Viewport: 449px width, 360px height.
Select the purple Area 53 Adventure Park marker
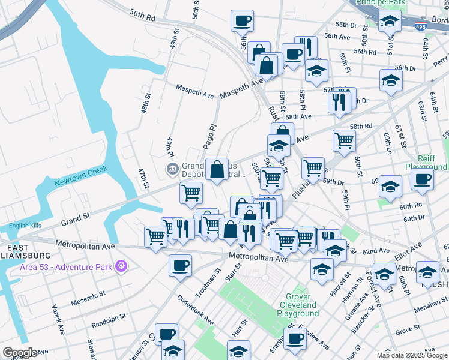[121, 265]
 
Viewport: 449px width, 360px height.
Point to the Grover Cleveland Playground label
[298, 305]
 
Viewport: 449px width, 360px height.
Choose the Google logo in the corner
[19, 353]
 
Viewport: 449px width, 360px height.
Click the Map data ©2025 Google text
[411, 355]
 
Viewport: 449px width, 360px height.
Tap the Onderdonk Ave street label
[196, 310]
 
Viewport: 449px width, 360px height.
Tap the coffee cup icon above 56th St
[242, 20]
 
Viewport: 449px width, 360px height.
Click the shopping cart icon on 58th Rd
[344, 140]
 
